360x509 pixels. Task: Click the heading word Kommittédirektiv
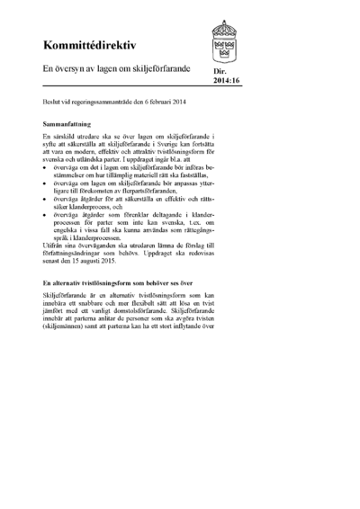86,44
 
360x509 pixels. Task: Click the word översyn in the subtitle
71,68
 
